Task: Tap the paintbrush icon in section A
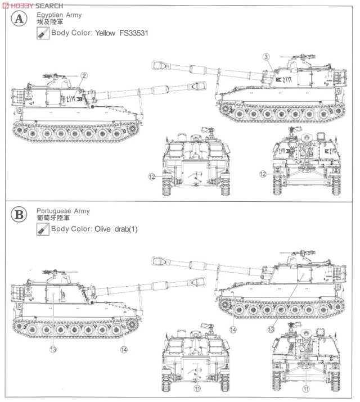42,33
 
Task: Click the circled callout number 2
83,76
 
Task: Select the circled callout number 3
267,56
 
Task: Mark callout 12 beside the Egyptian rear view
152,177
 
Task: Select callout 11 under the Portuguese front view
305,388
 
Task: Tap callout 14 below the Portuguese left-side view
123,349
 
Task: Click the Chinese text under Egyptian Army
47,20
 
